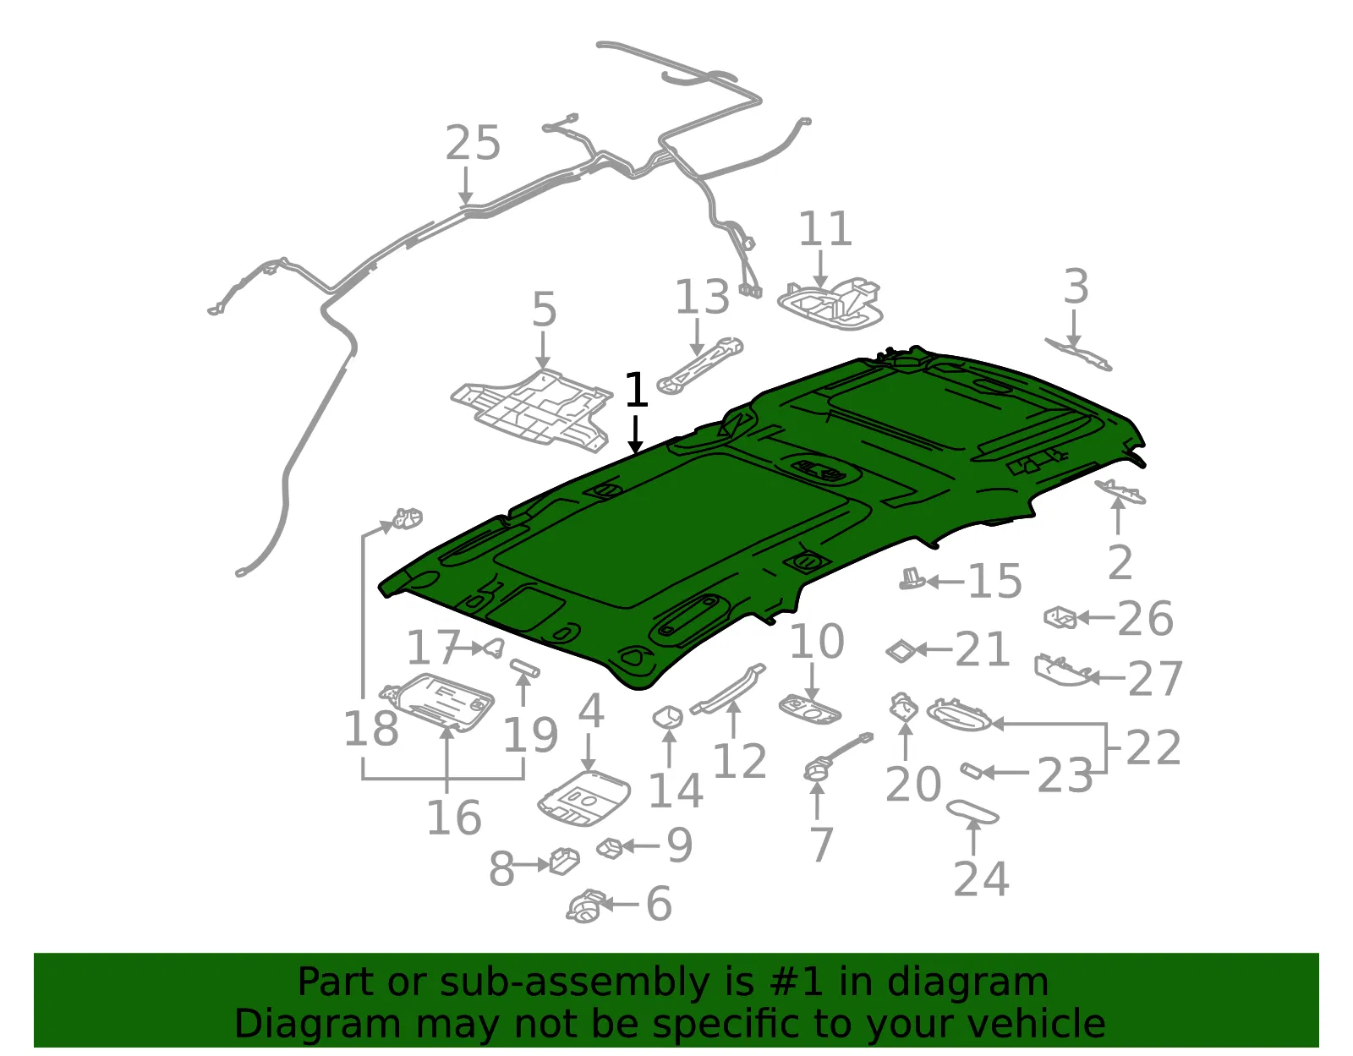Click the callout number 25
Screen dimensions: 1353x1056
473,143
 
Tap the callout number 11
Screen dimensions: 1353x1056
825,228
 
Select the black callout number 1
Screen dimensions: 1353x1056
635,390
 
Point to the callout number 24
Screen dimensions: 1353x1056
981,878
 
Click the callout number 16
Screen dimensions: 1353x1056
454,817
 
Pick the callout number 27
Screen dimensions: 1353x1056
1155,679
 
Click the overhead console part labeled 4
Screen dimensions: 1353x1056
584,798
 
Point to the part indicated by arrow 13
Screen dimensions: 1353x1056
700,366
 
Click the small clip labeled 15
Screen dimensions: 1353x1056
912,579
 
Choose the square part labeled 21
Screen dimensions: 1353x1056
901,651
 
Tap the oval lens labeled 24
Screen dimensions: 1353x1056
972,812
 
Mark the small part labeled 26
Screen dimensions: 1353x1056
1060,617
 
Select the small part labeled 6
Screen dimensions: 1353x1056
586,906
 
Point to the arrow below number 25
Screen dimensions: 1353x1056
466,185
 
